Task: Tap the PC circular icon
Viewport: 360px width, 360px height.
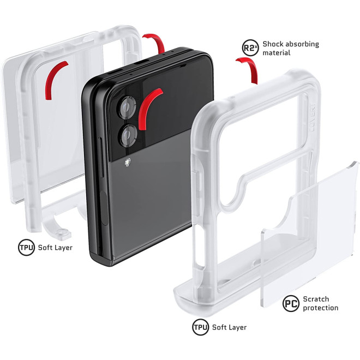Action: click(291, 303)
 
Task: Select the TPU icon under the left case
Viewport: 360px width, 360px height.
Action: click(26, 248)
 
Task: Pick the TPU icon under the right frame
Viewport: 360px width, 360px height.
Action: click(200, 327)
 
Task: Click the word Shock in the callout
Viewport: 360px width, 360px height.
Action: click(274, 44)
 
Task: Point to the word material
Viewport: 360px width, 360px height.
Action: click(277, 53)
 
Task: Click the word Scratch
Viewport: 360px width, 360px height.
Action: click(316, 299)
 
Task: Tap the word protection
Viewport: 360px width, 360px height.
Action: click(321, 308)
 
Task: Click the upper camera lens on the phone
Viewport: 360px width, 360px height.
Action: click(127, 107)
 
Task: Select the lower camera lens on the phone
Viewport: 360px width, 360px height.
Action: click(128, 135)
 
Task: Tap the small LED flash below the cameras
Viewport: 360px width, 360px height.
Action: click(128, 162)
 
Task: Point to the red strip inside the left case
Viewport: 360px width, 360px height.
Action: click(53, 77)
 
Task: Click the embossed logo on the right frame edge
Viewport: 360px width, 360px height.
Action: click(313, 118)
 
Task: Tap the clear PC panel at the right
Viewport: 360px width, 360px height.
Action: click(310, 234)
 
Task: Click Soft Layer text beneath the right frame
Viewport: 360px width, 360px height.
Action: click(229, 327)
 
